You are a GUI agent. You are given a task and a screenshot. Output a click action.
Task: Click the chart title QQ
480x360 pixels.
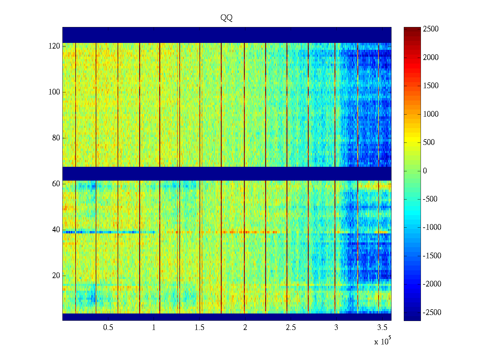tap(226, 18)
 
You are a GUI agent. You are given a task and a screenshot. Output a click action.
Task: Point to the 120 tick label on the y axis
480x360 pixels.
tap(54, 46)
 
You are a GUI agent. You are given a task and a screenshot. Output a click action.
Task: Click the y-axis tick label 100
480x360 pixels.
tap(54, 92)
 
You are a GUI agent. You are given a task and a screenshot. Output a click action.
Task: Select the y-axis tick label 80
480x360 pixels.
tap(56, 138)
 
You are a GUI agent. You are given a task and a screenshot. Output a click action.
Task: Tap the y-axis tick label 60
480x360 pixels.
tap(56, 184)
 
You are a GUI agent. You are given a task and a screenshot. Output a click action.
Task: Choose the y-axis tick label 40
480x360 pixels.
tap(56, 230)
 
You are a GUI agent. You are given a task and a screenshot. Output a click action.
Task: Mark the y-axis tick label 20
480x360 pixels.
tap(56, 276)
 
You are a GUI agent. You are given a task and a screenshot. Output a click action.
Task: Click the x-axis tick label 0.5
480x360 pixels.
tap(108, 328)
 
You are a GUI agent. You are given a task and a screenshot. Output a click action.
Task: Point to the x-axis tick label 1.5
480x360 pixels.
tap(199, 328)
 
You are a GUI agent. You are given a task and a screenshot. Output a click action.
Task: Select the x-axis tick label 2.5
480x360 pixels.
tap(291, 328)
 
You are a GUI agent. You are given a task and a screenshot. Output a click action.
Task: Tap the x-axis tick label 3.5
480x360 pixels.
tap(382, 328)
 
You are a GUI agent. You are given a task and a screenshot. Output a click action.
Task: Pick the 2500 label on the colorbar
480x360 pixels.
tap(431, 29)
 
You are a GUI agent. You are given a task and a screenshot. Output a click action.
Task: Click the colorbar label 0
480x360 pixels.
tap(425, 171)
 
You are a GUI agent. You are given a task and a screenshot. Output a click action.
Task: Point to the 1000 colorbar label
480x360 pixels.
tap(431, 114)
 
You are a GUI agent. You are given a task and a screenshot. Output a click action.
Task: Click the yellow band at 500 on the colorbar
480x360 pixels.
tap(412, 142)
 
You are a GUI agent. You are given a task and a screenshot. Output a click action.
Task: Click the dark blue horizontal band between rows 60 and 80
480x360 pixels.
tap(227, 173)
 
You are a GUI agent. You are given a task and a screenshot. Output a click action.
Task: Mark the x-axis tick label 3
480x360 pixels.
tap(336, 328)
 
